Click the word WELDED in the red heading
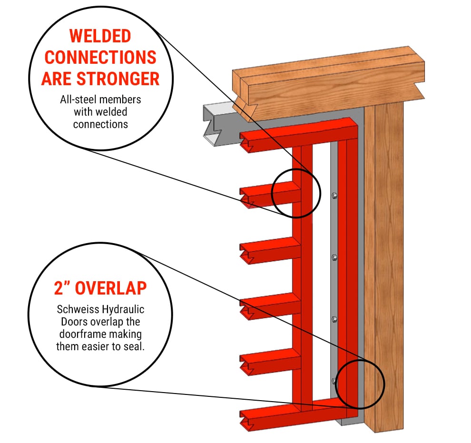pyautogui.click(x=100, y=36)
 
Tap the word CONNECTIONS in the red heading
pyautogui.click(x=100, y=58)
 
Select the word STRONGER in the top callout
pyautogui.click(x=118, y=79)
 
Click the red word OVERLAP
pyautogui.click(x=111, y=288)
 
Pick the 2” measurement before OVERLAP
pyautogui.click(x=62, y=288)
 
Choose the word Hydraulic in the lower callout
pyautogui.click(x=123, y=310)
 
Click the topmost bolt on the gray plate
pyautogui.click(x=334, y=196)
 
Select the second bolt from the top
pyautogui.click(x=334, y=257)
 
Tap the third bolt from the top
pyautogui.click(x=334, y=319)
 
